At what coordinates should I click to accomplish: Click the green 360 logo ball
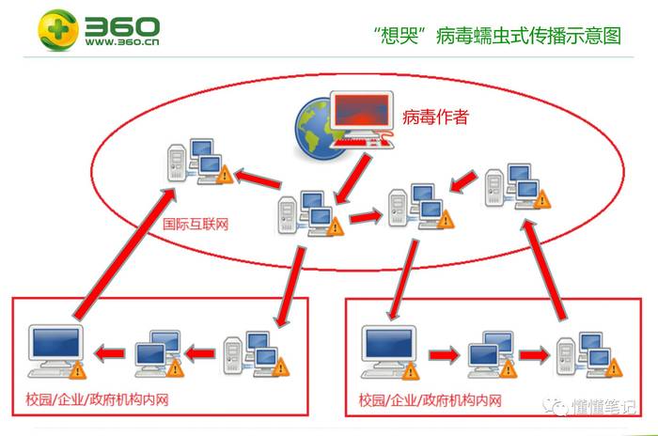[x=58, y=30]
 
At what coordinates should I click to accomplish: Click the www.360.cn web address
[x=122, y=42]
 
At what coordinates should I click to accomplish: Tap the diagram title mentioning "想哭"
[x=497, y=36]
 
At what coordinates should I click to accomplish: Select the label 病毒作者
[x=435, y=117]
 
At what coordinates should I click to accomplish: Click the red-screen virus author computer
[x=362, y=119]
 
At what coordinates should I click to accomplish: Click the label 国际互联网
[x=196, y=224]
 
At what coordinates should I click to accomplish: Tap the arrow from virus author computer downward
[x=352, y=179]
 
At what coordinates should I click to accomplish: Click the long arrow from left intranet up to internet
[x=125, y=253]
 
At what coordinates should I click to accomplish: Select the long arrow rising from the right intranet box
[x=544, y=270]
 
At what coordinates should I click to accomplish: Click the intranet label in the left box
[x=97, y=399]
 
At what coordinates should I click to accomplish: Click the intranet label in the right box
[x=431, y=400]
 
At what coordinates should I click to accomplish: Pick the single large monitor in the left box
[x=56, y=351]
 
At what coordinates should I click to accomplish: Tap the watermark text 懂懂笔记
[x=603, y=406]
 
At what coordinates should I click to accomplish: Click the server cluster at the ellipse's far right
[x=517, y=186]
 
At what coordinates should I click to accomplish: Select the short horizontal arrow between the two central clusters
[x=366, y=216]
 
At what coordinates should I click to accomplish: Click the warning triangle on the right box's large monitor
[x=410, y=371]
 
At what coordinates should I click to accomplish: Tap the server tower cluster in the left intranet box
[x=257, y=353]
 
